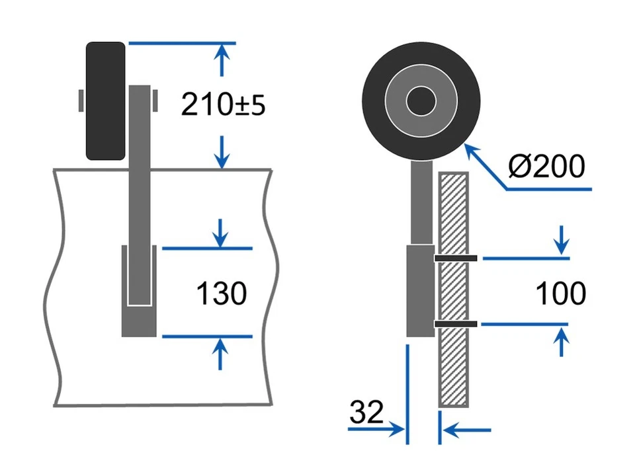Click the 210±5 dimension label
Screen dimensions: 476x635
click(223, 104)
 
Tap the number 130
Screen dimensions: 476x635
click(222, 293)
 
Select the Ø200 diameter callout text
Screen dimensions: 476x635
click(546, 167)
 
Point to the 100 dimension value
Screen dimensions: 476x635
click(560, 294)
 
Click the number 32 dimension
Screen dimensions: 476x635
click(366, 413)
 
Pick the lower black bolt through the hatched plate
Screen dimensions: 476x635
click(456, 324)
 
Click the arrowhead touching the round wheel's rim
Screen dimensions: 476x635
click(472, 151)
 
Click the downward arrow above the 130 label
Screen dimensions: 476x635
click(222, 233)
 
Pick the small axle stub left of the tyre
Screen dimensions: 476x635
click(81, 100)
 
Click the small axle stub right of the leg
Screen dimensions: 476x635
click(155, 100)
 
